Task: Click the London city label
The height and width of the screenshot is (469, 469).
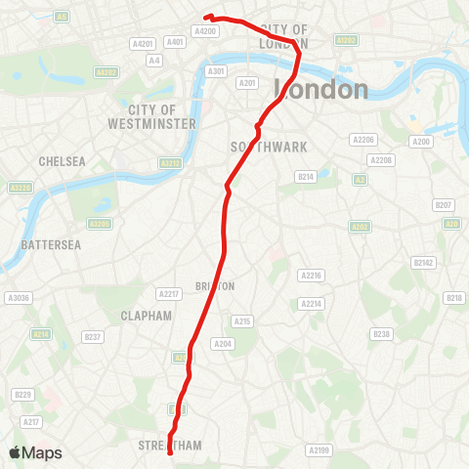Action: click(x=324, y=90)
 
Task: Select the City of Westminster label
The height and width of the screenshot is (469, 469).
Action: click(x=161, y=116)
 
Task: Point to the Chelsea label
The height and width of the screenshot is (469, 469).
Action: click(x=62, y=160)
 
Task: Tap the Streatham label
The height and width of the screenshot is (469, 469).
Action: click(x=172, y=446)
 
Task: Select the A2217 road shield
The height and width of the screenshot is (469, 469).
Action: click(x=168, y=294)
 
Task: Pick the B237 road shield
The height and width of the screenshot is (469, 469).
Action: click(x=94, y=337)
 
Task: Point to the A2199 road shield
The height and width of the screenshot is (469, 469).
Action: click(x=320, y=450)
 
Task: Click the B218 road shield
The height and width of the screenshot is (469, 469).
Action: click(x=453, y=298)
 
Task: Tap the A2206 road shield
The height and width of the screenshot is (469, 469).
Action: click(x=362, y=140)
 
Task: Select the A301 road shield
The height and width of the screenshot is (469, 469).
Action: click(x=216, y=70)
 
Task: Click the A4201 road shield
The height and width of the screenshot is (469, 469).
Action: click(x=143, y=44)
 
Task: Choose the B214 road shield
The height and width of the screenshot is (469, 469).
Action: click(x=305, y=177)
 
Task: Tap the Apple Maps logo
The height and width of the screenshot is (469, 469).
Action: click(x=35, y=452)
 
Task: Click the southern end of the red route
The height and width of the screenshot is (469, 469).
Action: click(x=171, y=453)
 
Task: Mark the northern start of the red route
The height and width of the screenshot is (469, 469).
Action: click(x=206, y=16)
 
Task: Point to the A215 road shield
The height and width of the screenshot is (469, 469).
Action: click(x=243, y=320)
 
